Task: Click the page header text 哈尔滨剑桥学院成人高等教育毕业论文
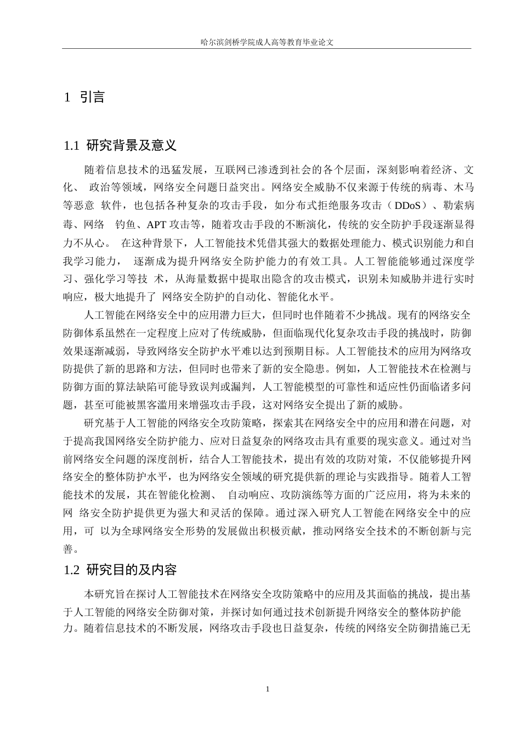[267, 42]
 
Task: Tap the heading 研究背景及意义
[131, 146]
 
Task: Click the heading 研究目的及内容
[131, 570]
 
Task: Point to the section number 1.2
[72, 570]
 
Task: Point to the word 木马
[462, 187]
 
